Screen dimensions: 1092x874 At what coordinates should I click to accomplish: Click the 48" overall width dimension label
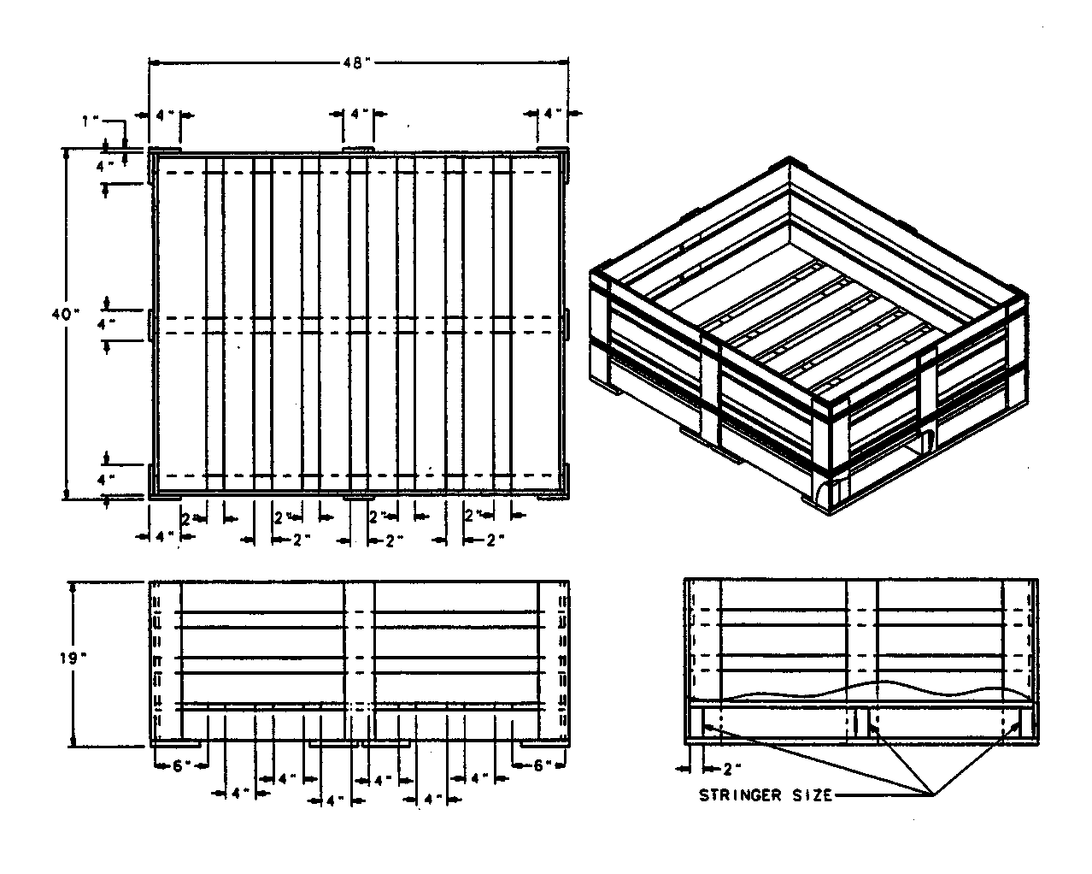356,63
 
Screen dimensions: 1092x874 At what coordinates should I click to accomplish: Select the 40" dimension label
66,315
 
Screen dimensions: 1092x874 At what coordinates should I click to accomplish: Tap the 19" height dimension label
73,658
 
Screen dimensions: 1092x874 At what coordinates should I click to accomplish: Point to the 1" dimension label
91,121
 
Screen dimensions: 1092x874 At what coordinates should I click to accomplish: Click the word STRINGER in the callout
740,795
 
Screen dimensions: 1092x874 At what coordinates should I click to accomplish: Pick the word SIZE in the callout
813,795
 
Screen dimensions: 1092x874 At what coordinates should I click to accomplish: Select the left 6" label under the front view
179,766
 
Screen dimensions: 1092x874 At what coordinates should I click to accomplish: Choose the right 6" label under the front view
540,765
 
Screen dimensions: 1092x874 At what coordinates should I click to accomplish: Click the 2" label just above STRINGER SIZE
731,770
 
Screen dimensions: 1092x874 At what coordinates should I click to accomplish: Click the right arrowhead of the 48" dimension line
563,62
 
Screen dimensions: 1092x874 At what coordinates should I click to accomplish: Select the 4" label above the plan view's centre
359,113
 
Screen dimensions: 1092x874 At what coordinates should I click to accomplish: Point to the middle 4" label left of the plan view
105,323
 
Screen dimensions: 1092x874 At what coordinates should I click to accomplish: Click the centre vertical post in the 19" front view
360,661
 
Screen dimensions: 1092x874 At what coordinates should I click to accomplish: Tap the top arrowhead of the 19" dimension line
73,587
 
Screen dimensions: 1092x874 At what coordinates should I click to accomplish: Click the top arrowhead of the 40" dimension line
66,155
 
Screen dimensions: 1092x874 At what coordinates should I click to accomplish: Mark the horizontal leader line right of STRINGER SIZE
883,795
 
